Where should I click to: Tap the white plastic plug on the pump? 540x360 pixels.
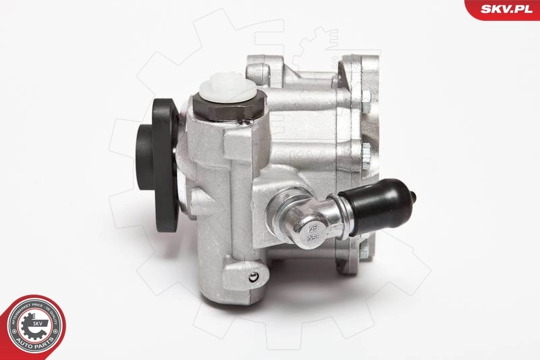[226, 91]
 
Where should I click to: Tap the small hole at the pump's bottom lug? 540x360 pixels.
[252, 277]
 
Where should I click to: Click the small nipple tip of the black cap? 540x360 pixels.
[413, 197]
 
